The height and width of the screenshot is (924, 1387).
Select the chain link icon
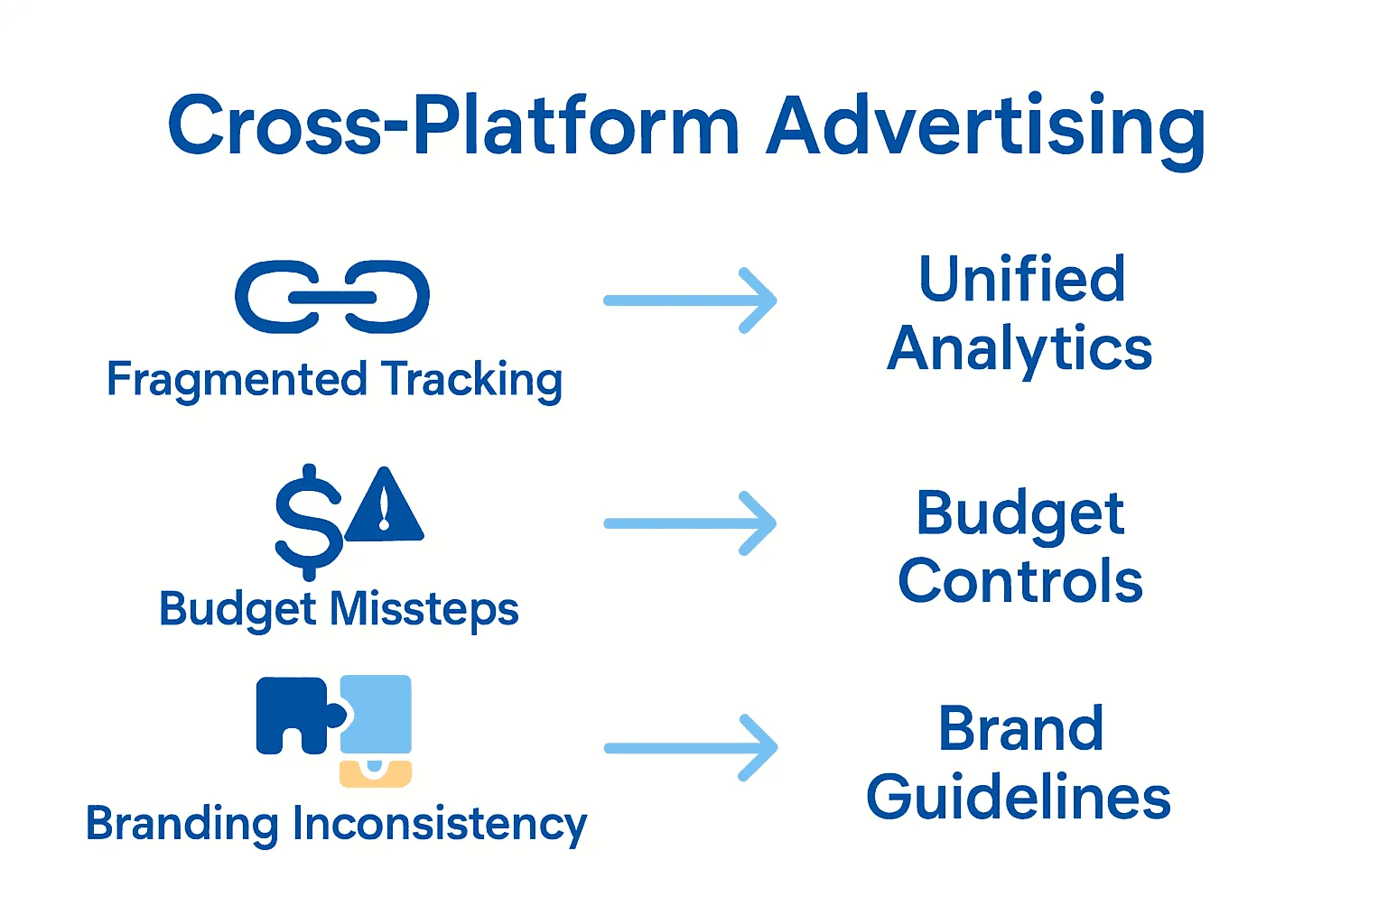(332, 297)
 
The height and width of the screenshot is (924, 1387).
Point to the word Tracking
(471, 380)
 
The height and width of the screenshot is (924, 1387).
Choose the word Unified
(1022, 279)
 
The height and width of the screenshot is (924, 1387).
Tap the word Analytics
(1020, 349)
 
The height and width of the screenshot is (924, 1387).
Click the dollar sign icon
(308, 522)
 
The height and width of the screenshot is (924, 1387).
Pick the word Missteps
(424, 609)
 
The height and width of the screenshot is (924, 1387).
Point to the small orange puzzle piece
(376, 773)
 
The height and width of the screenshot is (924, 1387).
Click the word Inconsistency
(439, 824)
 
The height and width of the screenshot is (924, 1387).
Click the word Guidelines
(1019, 798)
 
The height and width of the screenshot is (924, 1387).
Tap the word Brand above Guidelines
(1020, 728)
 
